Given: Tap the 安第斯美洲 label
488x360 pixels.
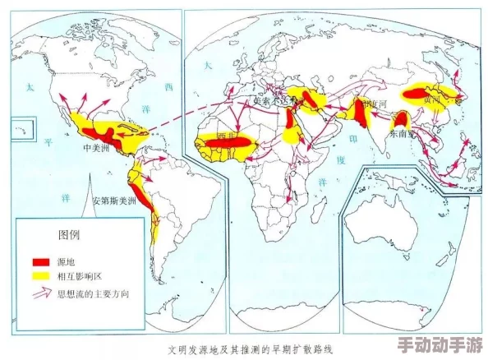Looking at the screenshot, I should [x=114, y=200].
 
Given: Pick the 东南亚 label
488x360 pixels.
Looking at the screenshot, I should [x=402, y=132].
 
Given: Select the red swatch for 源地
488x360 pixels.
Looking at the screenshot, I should [x=41, y=261].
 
